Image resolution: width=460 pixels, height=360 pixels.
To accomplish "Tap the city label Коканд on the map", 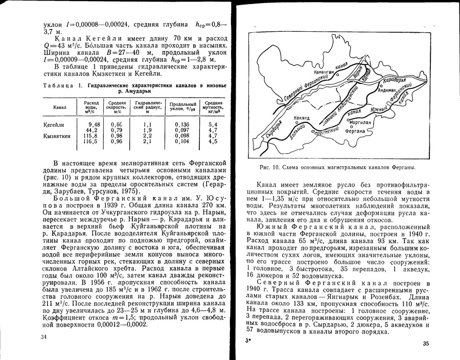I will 302,117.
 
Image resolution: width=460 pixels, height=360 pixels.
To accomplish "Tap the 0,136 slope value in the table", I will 181,124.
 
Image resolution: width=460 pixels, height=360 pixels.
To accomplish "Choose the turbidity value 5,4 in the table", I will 213,124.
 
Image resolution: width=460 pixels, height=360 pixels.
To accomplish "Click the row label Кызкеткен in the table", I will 57,136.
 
